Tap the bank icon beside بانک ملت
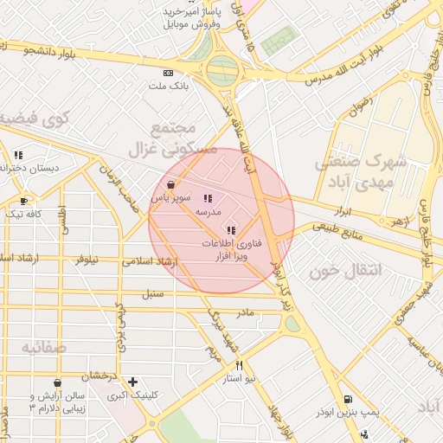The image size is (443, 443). tap(168, 74)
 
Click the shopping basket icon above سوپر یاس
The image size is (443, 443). tap(170, 184)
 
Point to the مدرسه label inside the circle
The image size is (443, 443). tap(209, 212)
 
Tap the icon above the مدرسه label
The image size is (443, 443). tap(208, 199)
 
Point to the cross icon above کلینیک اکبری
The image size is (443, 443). tap(132, 382)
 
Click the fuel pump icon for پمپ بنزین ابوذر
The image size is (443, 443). tap(348, 401)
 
